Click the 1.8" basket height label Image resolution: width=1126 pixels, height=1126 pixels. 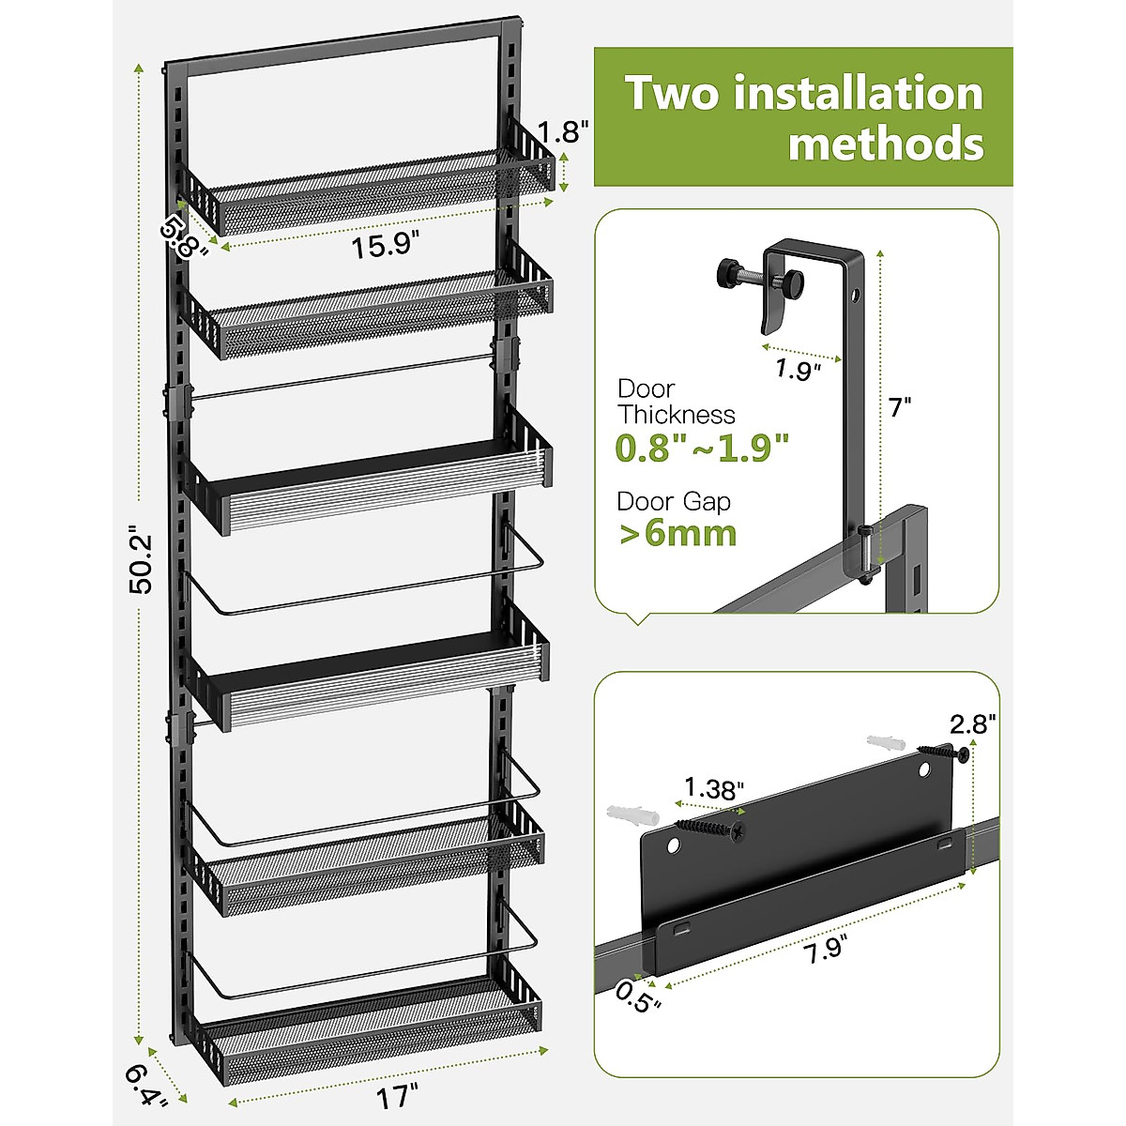coord(563,131)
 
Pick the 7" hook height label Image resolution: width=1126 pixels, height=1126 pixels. coord(899,408)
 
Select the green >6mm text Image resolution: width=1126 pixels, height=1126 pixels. coord(677,534)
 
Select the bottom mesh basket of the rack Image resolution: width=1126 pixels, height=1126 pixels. coord(371,1032)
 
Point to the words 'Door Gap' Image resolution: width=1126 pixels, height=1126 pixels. coord(673,502)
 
